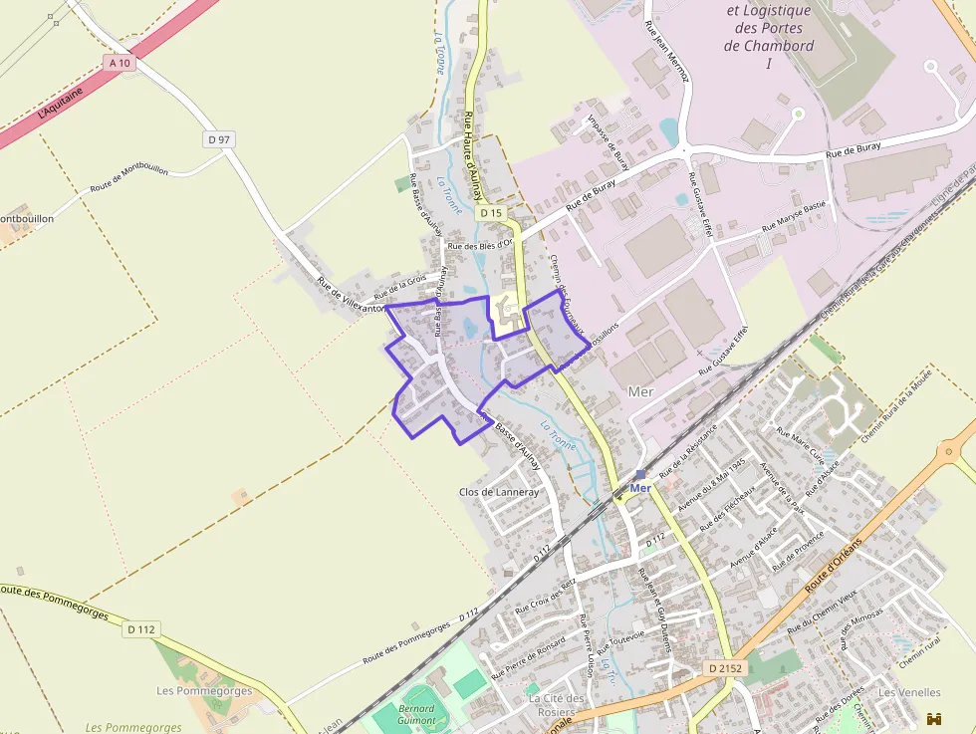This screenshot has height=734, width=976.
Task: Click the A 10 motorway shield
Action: [x=120, y=63]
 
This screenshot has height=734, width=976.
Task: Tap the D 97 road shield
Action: [x=219, y=139]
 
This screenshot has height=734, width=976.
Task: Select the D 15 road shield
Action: [x=489, y=213]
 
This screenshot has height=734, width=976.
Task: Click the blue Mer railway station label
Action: [x=640, y=488]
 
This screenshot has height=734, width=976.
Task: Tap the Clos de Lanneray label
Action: [x=498, y=492]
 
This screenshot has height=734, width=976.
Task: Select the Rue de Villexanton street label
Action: [x=350, y=294]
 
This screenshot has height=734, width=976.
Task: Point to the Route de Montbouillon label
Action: [x=128, y=178]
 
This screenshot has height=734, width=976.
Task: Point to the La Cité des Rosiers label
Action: [x=552, y=705]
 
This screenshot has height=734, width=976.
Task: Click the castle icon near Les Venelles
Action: [x=934, y=718]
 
